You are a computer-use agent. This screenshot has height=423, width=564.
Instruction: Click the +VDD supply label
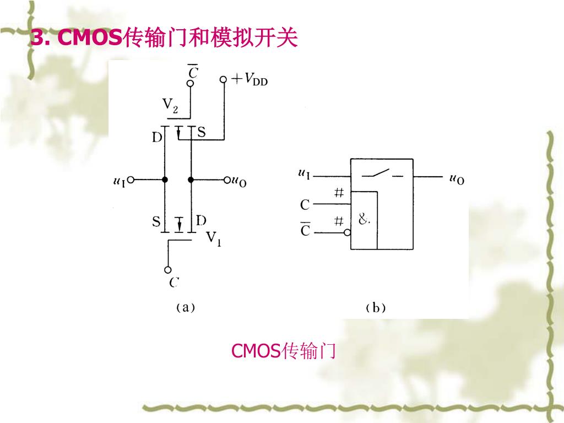click(x=250, y=80)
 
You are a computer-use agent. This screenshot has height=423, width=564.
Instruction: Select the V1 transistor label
click(x=214, y=239)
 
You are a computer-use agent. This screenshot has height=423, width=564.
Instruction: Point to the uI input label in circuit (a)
click(x=119, y=180)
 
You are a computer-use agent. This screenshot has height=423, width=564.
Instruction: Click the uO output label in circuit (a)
click(x=238, y=181)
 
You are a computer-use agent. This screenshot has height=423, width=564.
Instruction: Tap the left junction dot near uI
click(x=165, y=180)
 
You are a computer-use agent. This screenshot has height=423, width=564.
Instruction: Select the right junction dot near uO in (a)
click(x=191, y=180)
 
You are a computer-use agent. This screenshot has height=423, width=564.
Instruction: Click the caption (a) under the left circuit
click(x=185, y=307)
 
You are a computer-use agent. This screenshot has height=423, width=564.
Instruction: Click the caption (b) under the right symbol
click(x=376, y=308)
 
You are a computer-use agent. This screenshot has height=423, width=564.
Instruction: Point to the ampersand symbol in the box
click(x=364, y=220)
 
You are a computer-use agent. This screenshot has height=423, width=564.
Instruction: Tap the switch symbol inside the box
click(x=381, y=175)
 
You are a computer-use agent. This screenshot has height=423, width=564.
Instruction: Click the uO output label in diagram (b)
click(x=457, y=178)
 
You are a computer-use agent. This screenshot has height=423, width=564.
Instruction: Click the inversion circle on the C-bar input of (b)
click(x=348, y=232)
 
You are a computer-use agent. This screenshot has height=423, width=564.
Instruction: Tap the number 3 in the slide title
click(x=37, y=38)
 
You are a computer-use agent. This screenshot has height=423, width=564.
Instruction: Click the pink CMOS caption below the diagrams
click(x=283, y=350)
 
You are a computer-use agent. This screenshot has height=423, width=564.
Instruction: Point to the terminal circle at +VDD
click(x=223, y=80)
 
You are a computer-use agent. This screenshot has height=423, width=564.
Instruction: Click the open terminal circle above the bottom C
click(x=168, y=270)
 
